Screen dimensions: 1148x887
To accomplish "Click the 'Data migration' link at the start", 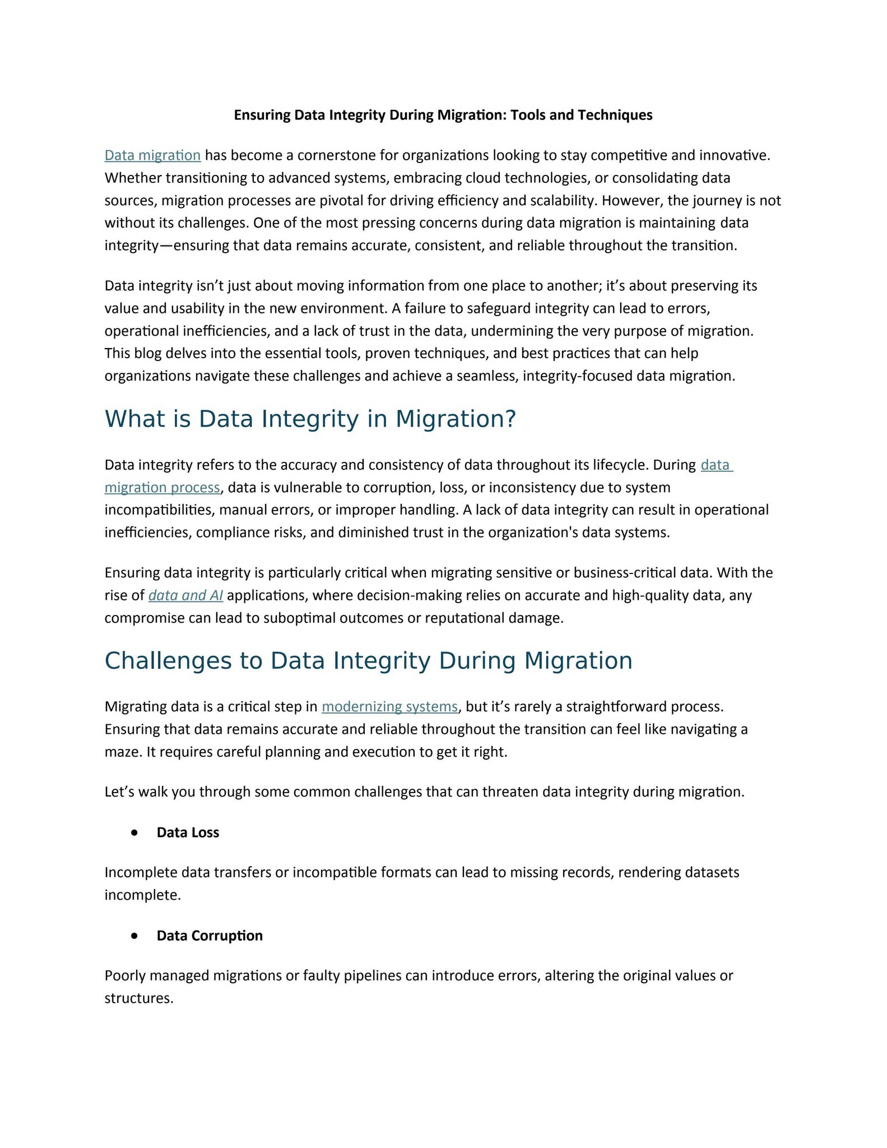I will pos(152,155).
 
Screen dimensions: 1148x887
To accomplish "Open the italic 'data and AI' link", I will pos(185,595).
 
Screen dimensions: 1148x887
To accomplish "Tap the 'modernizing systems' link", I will pos(389,707).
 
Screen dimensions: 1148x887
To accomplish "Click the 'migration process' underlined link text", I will pos(162,488).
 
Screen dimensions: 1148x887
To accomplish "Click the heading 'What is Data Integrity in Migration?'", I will pos(309,419).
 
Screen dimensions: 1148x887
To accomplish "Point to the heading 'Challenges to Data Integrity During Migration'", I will pos(368,660).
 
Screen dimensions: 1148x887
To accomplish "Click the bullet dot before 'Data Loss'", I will pos(134,833).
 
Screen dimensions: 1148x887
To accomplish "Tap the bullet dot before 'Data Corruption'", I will pos(134,936).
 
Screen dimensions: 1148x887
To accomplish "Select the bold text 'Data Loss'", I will pos(188,833).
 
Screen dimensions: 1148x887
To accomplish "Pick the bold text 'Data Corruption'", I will pos(210,936).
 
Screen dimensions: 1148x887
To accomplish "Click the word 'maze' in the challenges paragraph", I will pos(122,752).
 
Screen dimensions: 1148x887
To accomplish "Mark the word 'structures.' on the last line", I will pos(139,998).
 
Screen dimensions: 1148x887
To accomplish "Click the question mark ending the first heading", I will pos(509,419).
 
